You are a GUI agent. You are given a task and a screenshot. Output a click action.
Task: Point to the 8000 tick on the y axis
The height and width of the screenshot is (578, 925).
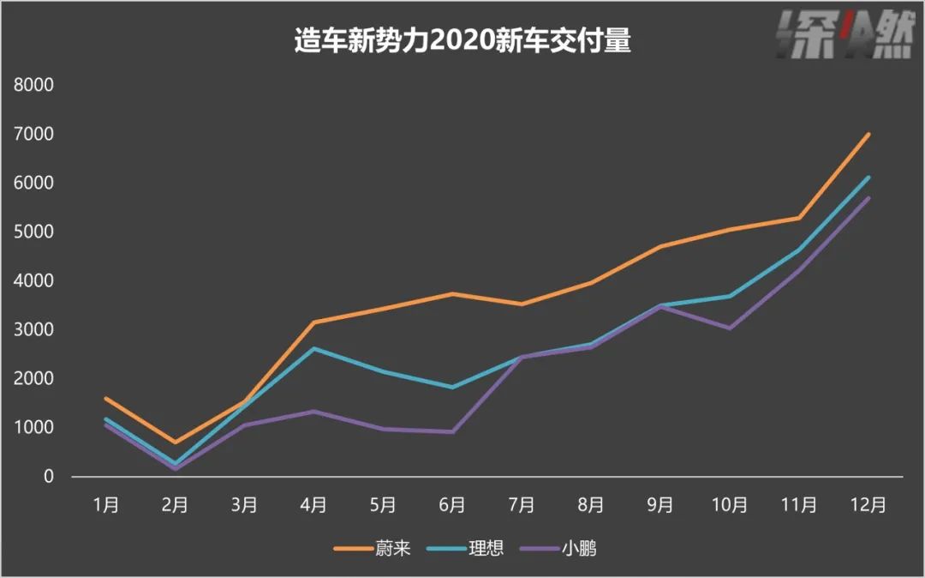(x=36, y=86)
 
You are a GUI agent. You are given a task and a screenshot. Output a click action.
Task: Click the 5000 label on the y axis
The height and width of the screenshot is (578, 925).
(x=36, y=232)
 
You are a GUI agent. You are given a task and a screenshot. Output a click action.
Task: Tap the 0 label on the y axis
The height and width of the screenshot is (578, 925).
(x=48, y=477)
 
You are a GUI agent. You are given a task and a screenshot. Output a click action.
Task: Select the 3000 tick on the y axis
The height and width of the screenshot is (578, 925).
(x=36, y=330)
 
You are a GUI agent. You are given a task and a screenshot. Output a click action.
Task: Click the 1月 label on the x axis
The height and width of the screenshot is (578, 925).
(x=106, y=505)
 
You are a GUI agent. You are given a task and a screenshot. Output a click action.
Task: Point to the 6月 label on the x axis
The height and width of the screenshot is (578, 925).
(x=452, y=505)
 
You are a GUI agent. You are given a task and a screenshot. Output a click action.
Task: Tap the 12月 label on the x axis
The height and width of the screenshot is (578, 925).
(x=868, y=505)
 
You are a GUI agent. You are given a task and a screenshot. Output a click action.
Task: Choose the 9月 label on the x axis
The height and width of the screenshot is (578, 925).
(x=660, y=505)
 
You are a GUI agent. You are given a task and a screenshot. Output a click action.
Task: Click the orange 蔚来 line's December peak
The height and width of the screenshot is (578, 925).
(x=868, y=134)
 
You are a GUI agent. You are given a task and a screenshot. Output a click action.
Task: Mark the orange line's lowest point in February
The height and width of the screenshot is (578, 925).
(x=176, y=443)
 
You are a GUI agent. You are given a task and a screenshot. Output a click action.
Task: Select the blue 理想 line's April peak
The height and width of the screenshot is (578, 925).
(x=314, y=348)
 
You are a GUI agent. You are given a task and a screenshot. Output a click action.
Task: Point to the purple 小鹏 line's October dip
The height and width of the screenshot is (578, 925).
(x=730, y=328)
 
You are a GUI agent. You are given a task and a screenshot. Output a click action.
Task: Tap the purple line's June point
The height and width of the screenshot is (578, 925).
(x=452, y=431)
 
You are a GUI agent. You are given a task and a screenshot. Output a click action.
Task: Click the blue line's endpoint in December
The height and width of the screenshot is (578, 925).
(x=868, y=178)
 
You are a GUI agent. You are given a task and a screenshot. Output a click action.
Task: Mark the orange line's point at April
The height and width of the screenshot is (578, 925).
(x=314, y=322)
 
